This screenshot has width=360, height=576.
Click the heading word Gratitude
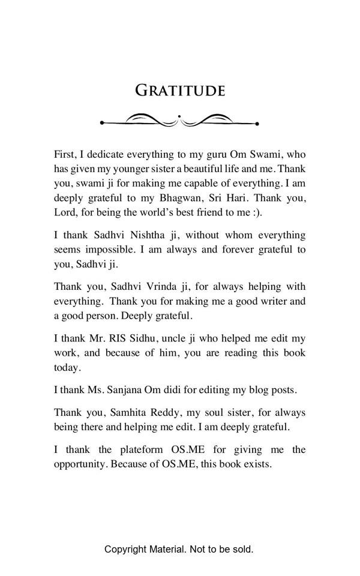(x=180, y=91)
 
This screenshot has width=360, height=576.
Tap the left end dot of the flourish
(x=103, y=123)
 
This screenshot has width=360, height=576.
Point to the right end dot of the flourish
(x=257, y=124)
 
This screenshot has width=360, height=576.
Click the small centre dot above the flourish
(x=179, y=115)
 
